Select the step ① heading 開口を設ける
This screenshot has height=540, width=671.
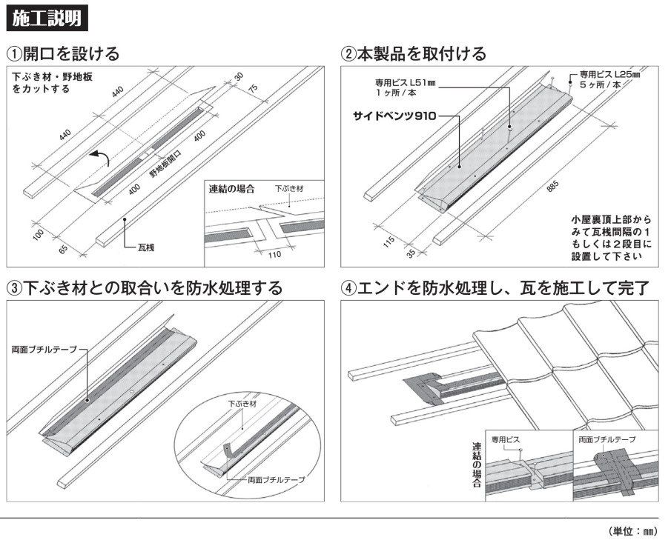63,54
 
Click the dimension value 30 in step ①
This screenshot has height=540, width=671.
238,76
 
